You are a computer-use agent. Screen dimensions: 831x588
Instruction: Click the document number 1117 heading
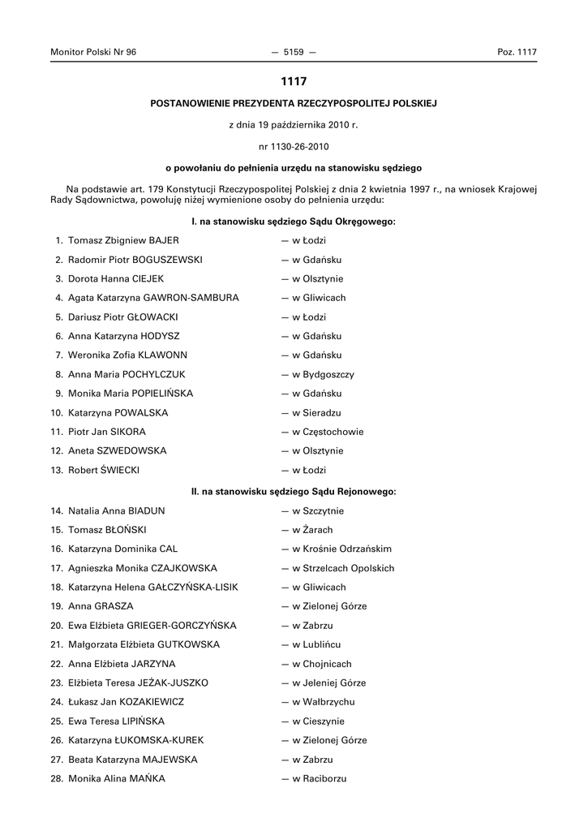pyautogui.click(x=294, y=81)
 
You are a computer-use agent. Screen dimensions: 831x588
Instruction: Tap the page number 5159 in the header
pyautogui.click(x=294, y=52)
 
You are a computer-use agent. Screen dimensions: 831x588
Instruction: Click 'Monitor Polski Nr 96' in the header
pyautogui.click(x=93, y=52)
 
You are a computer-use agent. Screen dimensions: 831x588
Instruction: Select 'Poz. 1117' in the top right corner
pyautogui.click(x=517, y=52)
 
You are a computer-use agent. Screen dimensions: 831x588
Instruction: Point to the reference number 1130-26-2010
pyautogui.click(x=294, y=147)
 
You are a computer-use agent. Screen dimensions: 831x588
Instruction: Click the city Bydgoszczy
pyautogui.click(x=328, y=375)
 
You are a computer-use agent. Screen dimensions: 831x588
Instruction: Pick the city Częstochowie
pyautogui.click(x=333, y=432)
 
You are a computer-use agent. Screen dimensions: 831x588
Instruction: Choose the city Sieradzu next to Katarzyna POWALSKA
pyautogui.click(x=322, y=413)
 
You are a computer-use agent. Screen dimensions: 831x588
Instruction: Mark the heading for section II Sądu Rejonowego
pyautogui.click(x=294, y=492)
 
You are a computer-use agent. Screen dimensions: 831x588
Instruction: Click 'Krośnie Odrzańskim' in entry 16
pyautogui.click(x=346, y=549)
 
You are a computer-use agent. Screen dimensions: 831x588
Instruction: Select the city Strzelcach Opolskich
pyautogui.click(x=348, y=568)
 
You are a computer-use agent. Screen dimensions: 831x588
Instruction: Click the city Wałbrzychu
pyautogui.click(x=328, y=702)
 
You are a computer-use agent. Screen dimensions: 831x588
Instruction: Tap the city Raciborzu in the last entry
pyautogui.click(x=324, y=779)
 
